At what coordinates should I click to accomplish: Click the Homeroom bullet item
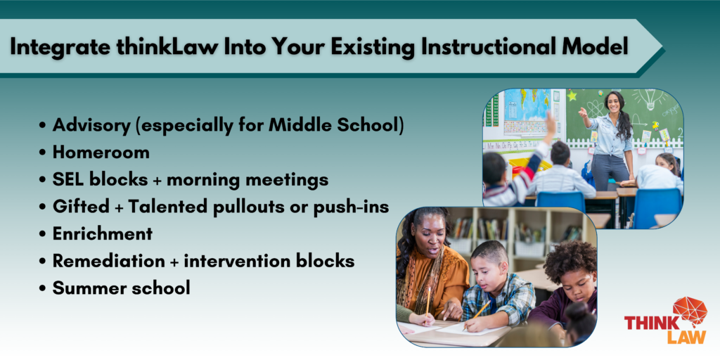(101, 152)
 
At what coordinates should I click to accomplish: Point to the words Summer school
(121, 288)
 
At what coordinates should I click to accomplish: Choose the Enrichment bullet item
(102, 233)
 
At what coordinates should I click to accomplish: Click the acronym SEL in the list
(68, 179)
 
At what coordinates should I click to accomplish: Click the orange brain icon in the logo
(688, 311)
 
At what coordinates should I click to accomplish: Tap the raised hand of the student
(550, 124)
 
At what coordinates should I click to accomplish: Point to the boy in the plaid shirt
(492, 281)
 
